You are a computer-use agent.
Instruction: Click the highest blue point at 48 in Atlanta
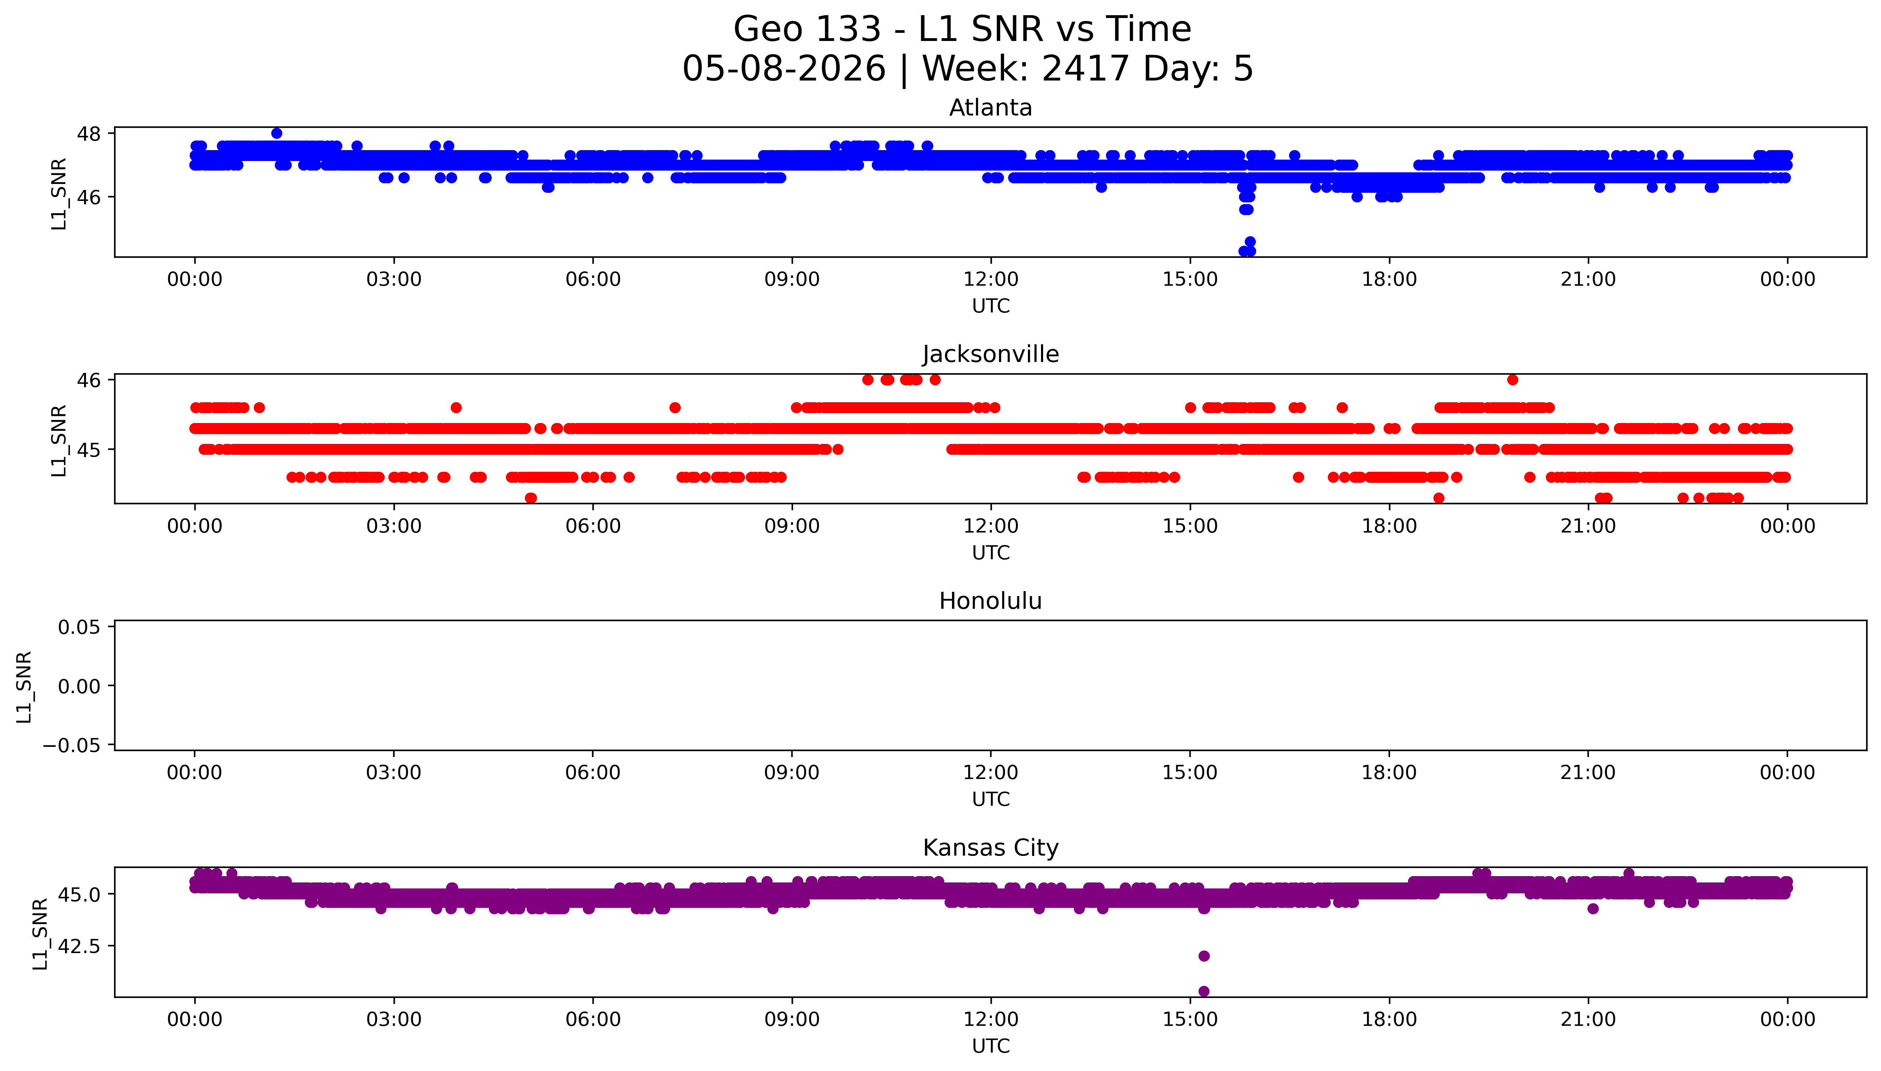[x=277, y=133]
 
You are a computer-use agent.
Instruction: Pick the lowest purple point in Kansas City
[x=1203, y=991]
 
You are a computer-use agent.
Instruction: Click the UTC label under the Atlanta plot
[x=991, y=306]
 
